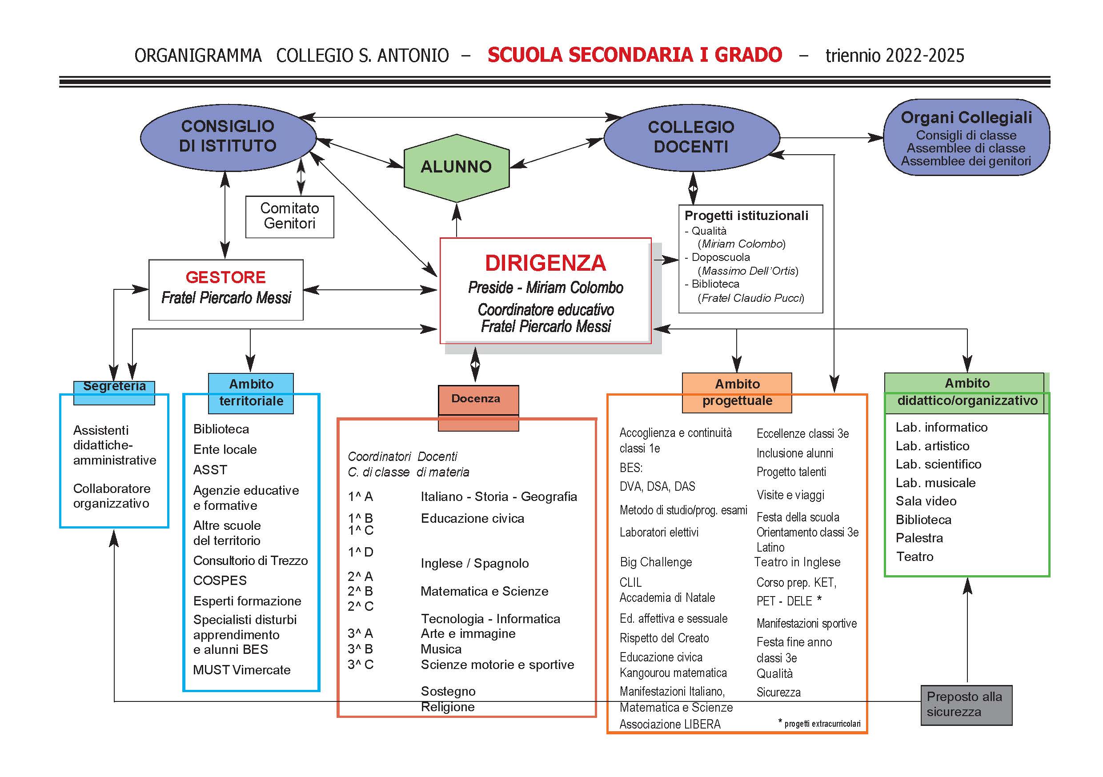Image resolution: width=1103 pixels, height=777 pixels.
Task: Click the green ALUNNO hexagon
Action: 457,168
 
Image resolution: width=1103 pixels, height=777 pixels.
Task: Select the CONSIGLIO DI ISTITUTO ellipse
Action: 228,137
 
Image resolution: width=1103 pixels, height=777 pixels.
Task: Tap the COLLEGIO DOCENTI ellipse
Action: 691,137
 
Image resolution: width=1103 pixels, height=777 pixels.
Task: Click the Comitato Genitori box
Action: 290,216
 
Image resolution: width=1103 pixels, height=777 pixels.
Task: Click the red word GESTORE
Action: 225,277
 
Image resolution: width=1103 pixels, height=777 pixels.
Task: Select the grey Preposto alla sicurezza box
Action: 967,705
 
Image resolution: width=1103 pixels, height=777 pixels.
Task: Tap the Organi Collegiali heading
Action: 967,117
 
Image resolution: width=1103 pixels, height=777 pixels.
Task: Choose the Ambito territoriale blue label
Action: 251,393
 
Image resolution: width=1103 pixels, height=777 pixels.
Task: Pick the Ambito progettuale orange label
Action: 737,393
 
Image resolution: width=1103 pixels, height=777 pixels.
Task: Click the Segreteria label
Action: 114,387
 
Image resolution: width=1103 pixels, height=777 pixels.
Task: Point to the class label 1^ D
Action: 360,552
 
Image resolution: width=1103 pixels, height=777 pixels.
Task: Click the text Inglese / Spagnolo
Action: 475,563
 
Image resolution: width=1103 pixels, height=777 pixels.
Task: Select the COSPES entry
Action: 220,581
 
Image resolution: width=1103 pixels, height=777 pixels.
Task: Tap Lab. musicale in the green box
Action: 935,483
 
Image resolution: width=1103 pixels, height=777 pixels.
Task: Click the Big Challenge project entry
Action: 656,562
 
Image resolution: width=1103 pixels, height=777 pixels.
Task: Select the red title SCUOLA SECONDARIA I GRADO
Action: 634,55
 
